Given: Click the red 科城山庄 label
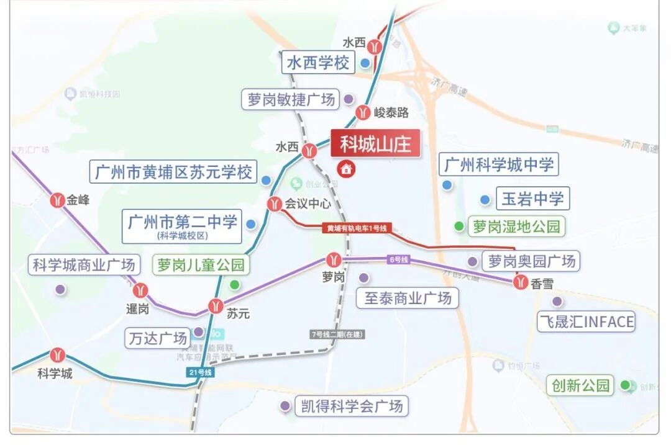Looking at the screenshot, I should (x=375, y=145).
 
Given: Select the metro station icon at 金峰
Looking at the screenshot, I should (x=58, y=200).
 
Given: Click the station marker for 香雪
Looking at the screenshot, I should (x=521, y=282).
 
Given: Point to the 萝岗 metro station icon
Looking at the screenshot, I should (x=334, y=260).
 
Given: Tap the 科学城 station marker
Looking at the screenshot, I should (x=58, y=355).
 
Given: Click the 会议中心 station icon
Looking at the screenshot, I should (x=275, y=204).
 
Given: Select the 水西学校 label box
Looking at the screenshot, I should (x=318, y=63).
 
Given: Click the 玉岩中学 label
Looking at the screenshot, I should (x=532, y=199).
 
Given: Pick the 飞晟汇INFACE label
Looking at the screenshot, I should (x=586, y=321).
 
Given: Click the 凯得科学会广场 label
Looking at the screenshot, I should (x=350, y=407).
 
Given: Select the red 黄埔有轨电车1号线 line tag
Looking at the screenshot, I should (x=357, y=228).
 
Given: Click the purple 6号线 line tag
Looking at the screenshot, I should (x=398, y=259).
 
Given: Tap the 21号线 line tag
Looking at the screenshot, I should (x=199, y=372).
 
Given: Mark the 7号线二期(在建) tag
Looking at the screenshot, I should (x=337, y=334).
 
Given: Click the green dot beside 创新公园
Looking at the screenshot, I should (x=625, y=385).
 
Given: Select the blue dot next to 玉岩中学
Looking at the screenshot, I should (x=485, y=199).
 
